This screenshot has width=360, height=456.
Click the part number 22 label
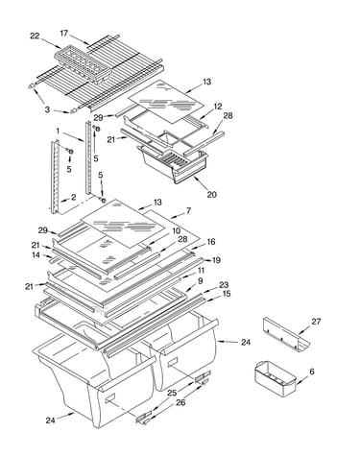point(35,36)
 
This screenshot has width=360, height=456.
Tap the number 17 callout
point(64,33)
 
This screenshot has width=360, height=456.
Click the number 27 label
point(316,321)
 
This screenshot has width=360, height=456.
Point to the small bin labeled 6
point(276,377)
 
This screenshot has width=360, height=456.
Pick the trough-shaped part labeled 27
point(286,335)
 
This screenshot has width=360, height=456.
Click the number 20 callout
point(211,194)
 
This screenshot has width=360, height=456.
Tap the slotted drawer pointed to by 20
point(172,162)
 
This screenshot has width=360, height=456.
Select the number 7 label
point(188,210)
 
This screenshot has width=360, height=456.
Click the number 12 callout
point(218,107)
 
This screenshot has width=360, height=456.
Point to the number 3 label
point(47,109)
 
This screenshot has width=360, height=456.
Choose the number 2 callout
point(74,197)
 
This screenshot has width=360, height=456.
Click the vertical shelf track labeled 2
point(55,177)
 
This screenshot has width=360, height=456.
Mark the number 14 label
point(36,254)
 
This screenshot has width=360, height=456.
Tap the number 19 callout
point(216,260)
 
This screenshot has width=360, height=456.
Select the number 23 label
point(224,284)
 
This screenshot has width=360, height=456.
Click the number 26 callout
point(180,402)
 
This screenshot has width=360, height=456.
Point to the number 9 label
point(201,280)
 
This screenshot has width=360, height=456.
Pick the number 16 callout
point(211,242)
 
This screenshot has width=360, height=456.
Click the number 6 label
point(312,372)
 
